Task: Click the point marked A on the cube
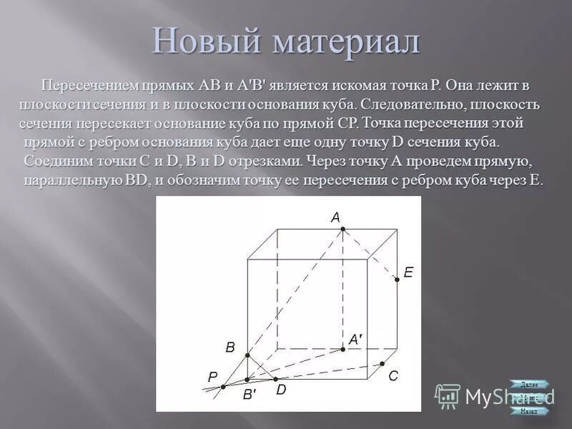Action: pos(343,229)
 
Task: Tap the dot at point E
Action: pos(397,280)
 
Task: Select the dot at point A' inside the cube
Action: pos(343,349)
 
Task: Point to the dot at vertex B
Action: pos(247,355)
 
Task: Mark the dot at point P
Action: pos(223,387)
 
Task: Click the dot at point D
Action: pos(274,378)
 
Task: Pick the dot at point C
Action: pos(382,364)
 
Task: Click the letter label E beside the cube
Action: pos(408,272)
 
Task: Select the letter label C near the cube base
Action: pos(393,375)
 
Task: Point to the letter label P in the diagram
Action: pos(212,377)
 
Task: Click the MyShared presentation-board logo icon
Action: pos(448,395)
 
